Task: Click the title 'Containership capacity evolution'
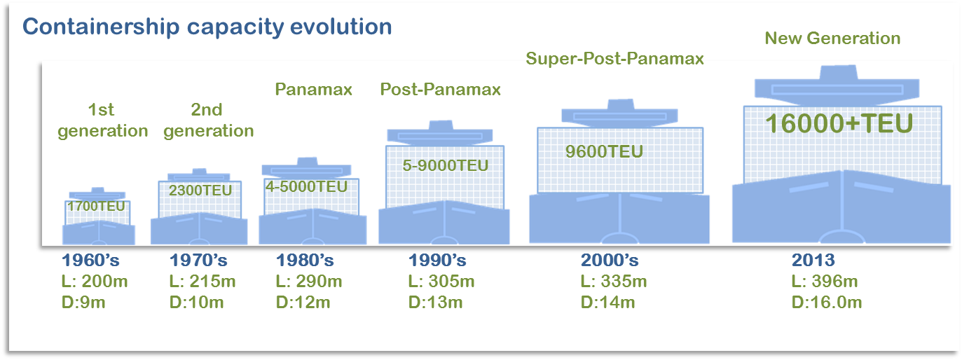207,27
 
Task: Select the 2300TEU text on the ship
200,189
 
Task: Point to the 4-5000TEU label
306,187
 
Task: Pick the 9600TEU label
604,151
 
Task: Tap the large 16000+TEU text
838,124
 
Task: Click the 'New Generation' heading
832,39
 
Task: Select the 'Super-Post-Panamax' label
614,60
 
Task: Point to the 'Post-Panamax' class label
441,89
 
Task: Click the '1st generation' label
103,120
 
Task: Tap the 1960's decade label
91,261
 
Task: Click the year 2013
813,261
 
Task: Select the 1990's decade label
437,261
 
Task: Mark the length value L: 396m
825,282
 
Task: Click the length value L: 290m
309,282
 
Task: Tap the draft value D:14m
608,303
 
